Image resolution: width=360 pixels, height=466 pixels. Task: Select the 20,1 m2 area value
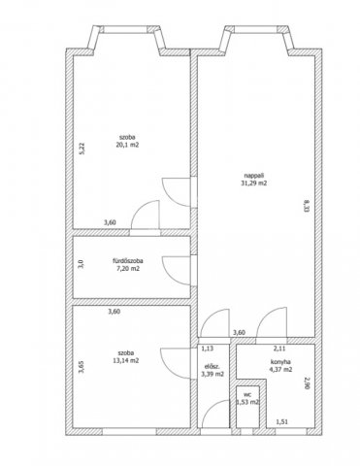point(127,145)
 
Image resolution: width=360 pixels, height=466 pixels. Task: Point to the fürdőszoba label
point(128,260)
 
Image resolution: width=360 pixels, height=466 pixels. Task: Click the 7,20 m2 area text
point(128,268)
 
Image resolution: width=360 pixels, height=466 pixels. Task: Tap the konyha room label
point(280,362)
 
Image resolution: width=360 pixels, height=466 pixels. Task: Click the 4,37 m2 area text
point(280,369)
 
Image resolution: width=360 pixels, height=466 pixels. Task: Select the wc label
point(247,395)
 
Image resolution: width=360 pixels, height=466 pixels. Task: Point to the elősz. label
point(213,367)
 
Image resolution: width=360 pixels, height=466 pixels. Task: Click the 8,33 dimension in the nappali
point(306,206)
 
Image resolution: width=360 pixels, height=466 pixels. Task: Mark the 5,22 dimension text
point(82,149)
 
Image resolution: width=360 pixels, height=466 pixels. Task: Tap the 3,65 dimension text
point(82,367)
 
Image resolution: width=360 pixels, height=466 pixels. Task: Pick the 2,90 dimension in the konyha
point(308,383)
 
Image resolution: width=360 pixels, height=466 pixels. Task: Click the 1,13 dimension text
point(208,349)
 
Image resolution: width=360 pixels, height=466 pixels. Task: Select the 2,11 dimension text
point(279,349)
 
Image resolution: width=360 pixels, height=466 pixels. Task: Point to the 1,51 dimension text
point(281,422)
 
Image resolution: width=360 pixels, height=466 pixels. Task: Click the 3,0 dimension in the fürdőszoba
point(82,264)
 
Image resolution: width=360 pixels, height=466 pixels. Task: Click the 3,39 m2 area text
point(213,375)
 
